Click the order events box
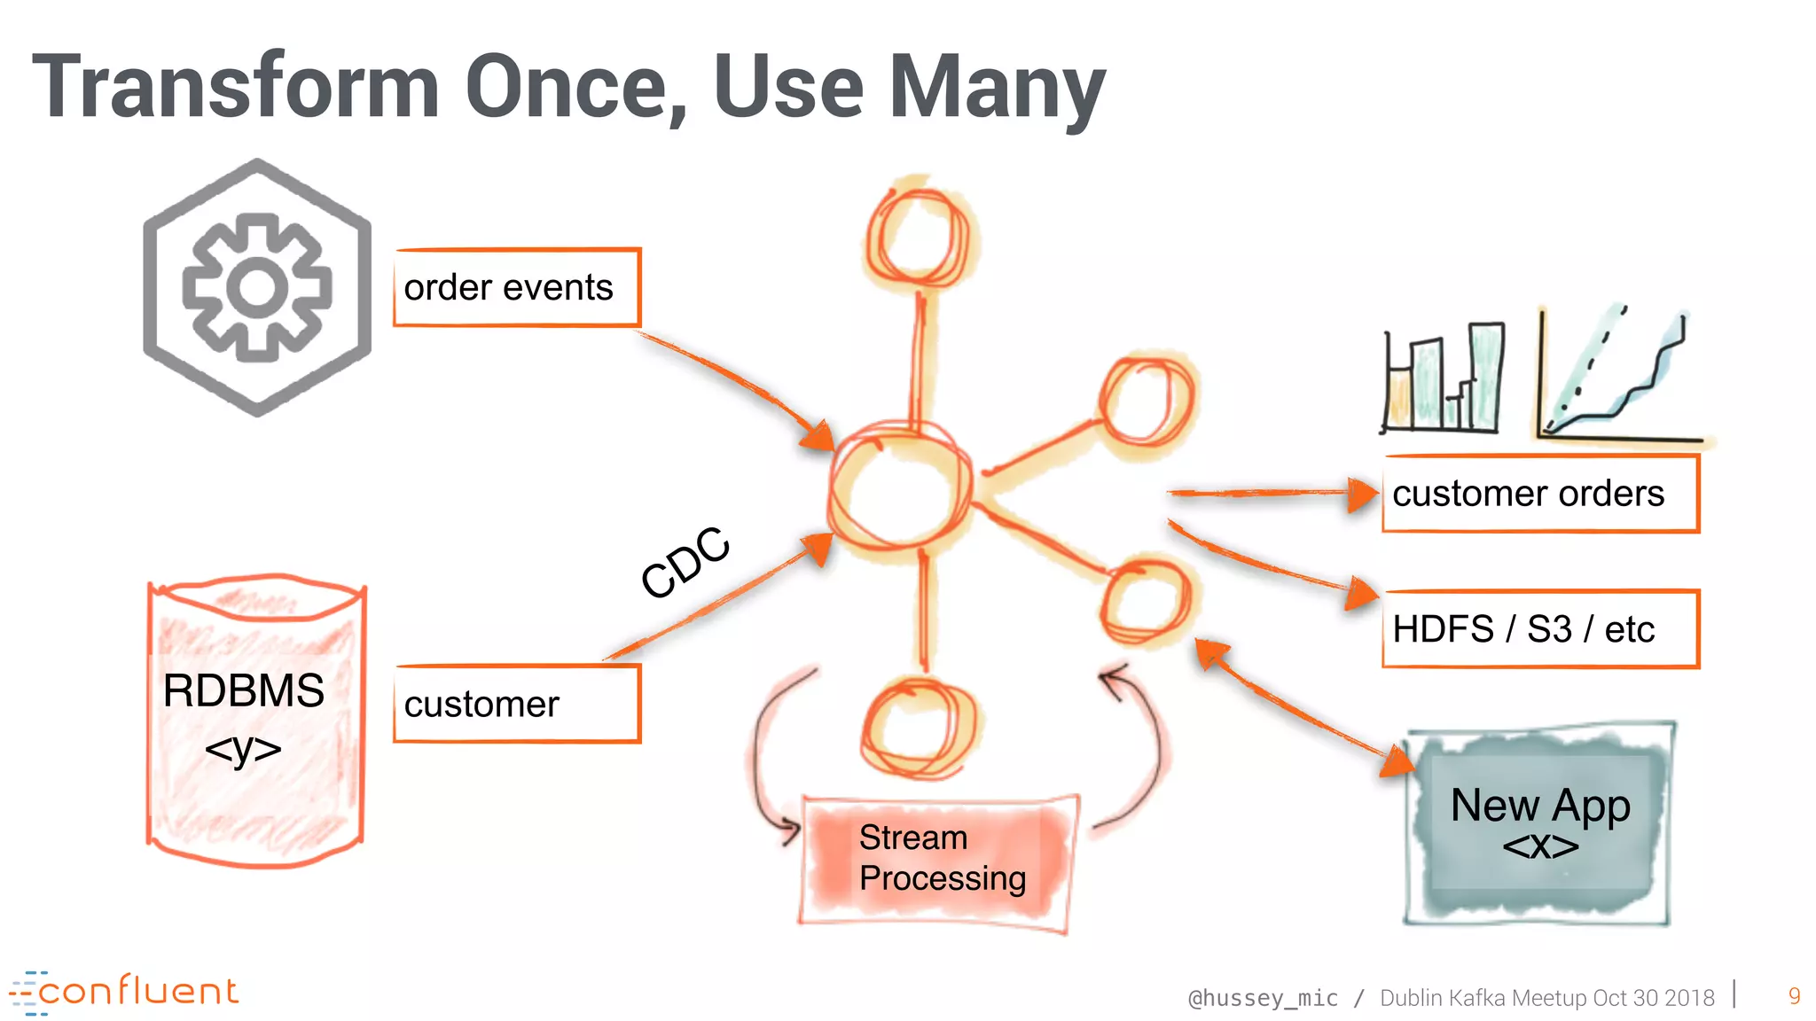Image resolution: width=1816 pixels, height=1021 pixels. tap(516, 288)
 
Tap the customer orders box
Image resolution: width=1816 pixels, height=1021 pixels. tap(1540, 494)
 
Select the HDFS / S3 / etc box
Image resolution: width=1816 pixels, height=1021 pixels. tap(1540, 629)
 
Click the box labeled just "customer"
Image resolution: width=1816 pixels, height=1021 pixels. tap(516, 705)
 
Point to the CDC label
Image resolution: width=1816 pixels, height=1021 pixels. tap(685, 562)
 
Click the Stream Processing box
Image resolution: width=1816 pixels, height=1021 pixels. tap(940, 860)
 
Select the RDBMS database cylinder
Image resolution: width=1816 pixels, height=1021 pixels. tap(256, 720)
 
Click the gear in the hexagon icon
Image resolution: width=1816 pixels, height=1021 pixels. tap(257, 287)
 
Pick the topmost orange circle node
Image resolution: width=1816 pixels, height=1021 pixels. tap(919, 235)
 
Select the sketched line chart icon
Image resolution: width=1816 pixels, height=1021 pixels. tap(1618, 377)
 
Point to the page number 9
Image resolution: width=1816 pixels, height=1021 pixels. tap(1794, 996)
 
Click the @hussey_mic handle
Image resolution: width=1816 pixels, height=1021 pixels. tap(1263, 998)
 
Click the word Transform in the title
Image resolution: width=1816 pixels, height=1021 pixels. tap(236, 87)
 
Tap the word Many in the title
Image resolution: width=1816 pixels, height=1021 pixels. tap(997, 89)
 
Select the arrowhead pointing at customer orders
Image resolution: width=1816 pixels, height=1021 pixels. tap(1361, 494)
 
